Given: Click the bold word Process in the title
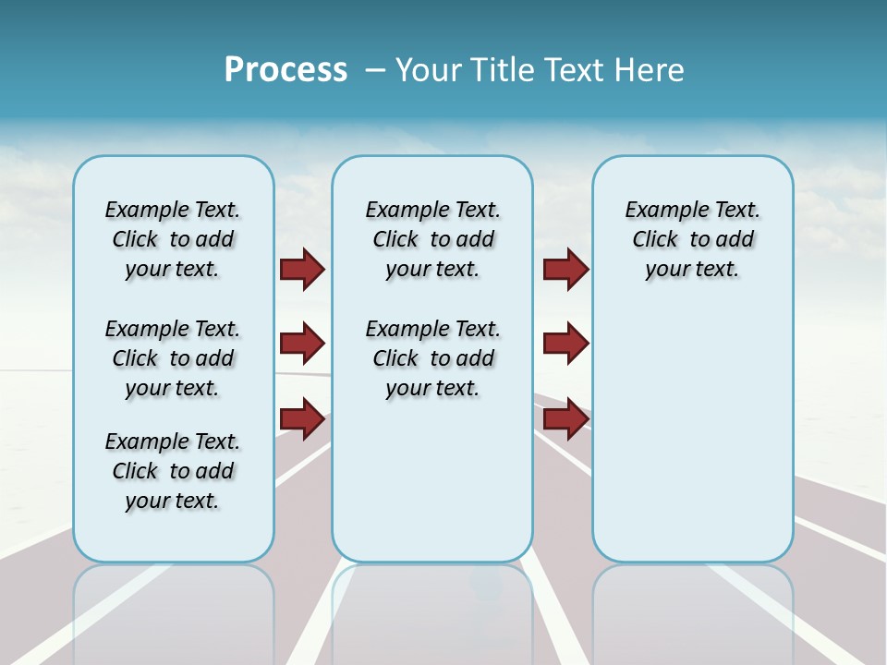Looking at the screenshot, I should tap(286, 70).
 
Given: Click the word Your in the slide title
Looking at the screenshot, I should tap(428, 70).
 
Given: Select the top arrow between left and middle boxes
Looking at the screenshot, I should tap(302, 269).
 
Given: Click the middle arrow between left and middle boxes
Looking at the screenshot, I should tap(302, 344).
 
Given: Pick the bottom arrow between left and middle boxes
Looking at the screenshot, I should tap(302, 419).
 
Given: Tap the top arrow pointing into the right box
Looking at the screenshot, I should tap(565, 269).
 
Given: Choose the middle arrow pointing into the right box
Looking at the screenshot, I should tap(565, 344).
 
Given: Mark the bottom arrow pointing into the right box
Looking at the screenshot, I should tap(565, 419).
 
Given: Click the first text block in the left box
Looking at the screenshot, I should tap(173, 239).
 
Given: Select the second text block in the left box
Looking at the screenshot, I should tap(173, 358).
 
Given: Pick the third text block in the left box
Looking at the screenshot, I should tap(173, 471).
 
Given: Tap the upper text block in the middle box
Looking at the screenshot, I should tap(432, 239).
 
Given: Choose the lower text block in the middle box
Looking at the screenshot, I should tap(432, 358).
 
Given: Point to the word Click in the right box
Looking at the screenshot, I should tap(655, 240).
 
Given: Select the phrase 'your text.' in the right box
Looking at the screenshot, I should tap(692, 270).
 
